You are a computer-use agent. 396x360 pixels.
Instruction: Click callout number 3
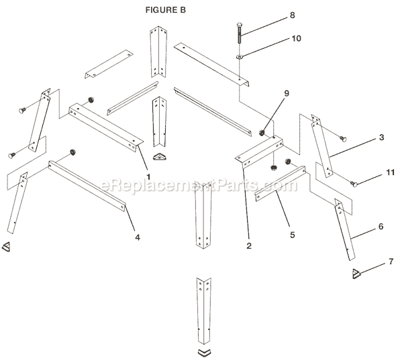[x=381, y=137]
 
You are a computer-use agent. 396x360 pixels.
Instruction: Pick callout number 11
[x=382, y=173]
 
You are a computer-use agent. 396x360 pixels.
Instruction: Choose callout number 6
[x=381, y=227]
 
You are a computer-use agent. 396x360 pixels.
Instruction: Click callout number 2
[x=248, y=246]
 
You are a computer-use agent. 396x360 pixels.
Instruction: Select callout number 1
[x=148, y=175]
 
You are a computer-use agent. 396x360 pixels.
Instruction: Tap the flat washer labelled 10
[x=239, y=57]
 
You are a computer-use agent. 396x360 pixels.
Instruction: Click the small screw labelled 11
[x=353, y=182]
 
